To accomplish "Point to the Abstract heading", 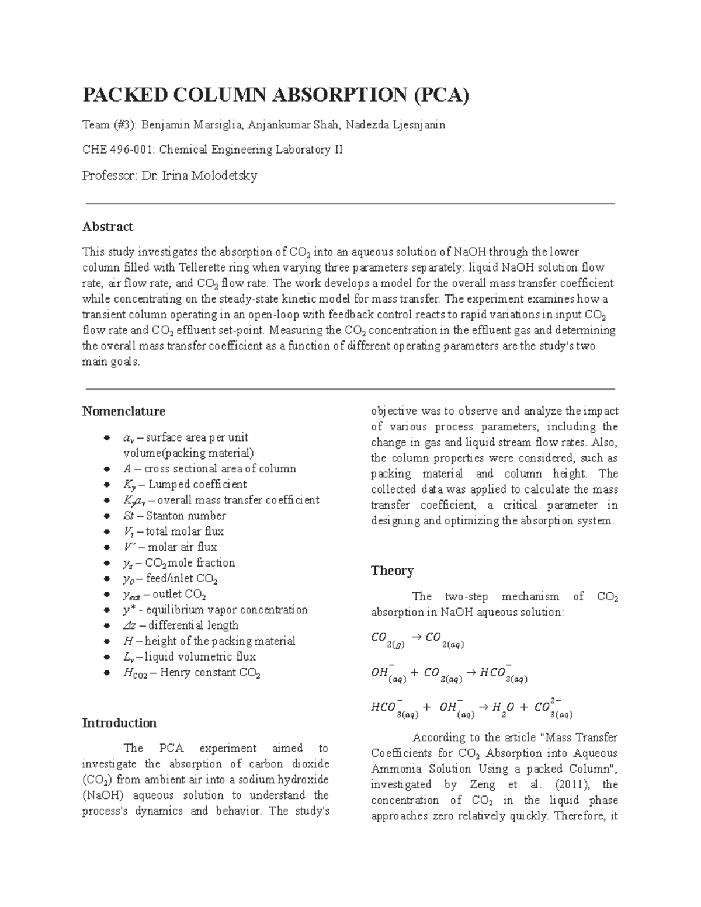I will coord(107,227).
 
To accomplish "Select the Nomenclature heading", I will coord(123,411).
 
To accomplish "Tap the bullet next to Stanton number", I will coord(106,516).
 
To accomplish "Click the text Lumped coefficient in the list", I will coord(197,485).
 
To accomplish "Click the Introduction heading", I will coord(119,723).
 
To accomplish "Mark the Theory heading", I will coord(392,571).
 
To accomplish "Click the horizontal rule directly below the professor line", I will coord(350,203).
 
